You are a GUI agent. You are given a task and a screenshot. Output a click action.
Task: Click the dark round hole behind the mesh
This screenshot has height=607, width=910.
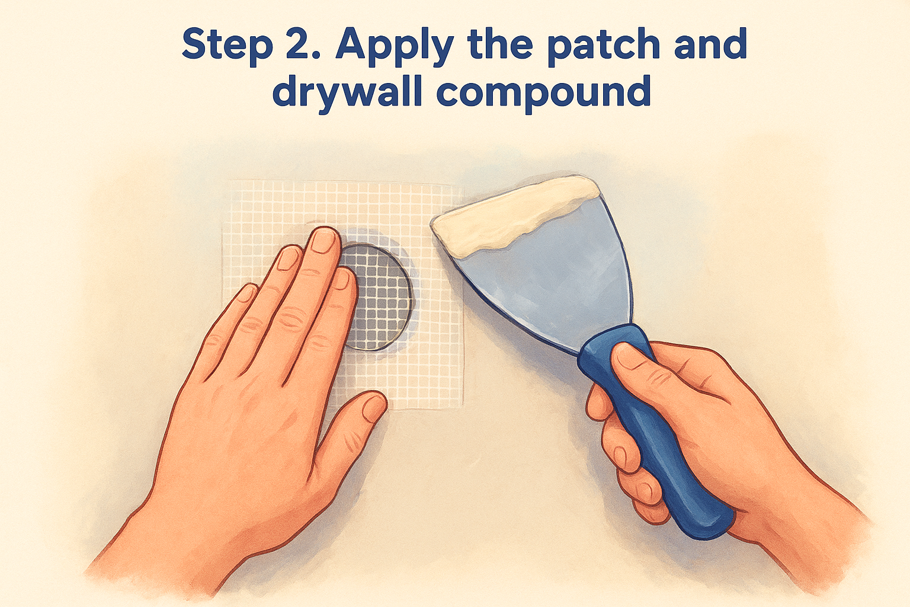pos(376,298)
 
